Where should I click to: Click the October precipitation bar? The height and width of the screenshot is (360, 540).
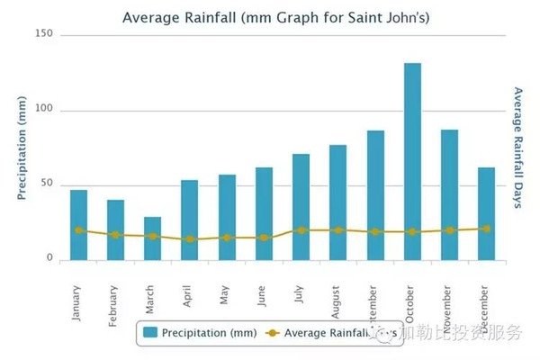click(412, 162)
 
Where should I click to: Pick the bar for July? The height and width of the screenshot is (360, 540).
click(301, 207)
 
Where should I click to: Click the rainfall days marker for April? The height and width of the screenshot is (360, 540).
click(189, 239)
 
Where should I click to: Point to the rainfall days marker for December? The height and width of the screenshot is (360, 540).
click(486, 229)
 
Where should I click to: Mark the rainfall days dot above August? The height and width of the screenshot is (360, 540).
click(337, 230)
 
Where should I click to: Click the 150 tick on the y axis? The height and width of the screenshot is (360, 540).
click(44, 34)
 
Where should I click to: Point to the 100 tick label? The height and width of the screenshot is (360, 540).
click(44, 110)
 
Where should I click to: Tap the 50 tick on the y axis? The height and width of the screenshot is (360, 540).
click(47, 184)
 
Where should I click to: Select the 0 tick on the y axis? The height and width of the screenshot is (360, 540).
click(50, 259)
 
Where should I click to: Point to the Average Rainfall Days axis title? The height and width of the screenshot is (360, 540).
click(517, 148)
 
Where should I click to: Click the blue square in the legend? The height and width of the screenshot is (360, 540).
click(150, 333)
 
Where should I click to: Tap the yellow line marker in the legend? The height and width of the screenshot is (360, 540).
click(272, 333)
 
